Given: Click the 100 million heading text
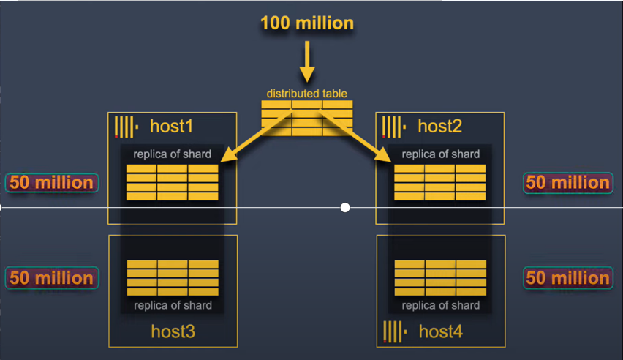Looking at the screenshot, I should pyautogui.click(x=306, y=23).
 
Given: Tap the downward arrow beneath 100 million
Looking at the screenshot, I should pyautogui.click(x=307, y=61).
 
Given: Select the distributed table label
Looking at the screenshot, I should pyautogui.click(x=306, y=94).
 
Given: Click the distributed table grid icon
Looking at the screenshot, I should pyautogui.click(x=306, y=116).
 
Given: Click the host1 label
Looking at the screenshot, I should pyautogui.click(x=171, y=127).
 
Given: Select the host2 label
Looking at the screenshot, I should pyautogui.click(x=439, y=127).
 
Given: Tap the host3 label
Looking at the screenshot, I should pyautogui.click(x=173, y=331).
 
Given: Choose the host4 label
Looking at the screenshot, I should pyautogui.click(x=440, y=332).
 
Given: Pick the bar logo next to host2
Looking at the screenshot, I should pyautogui.click(x=393, y=127).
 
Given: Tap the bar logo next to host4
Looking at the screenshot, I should pyautogui.click(x=394, y=331).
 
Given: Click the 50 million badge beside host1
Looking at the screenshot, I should pyautogui.click(x=52, y=183).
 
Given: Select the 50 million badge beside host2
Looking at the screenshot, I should pyautogui.click(x=567, y=183).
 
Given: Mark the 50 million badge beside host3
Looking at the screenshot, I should pyautogui.click(x=52, y=278).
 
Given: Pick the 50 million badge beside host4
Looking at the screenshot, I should pyautogui.click(x=567, y=278).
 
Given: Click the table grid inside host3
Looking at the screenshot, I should pyautogui.click(x=173, y=277).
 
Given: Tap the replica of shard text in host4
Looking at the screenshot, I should pyautogui.click(x=440, y=305).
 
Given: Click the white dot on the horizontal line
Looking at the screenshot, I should pyautogui.click(x=345, y=208).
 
